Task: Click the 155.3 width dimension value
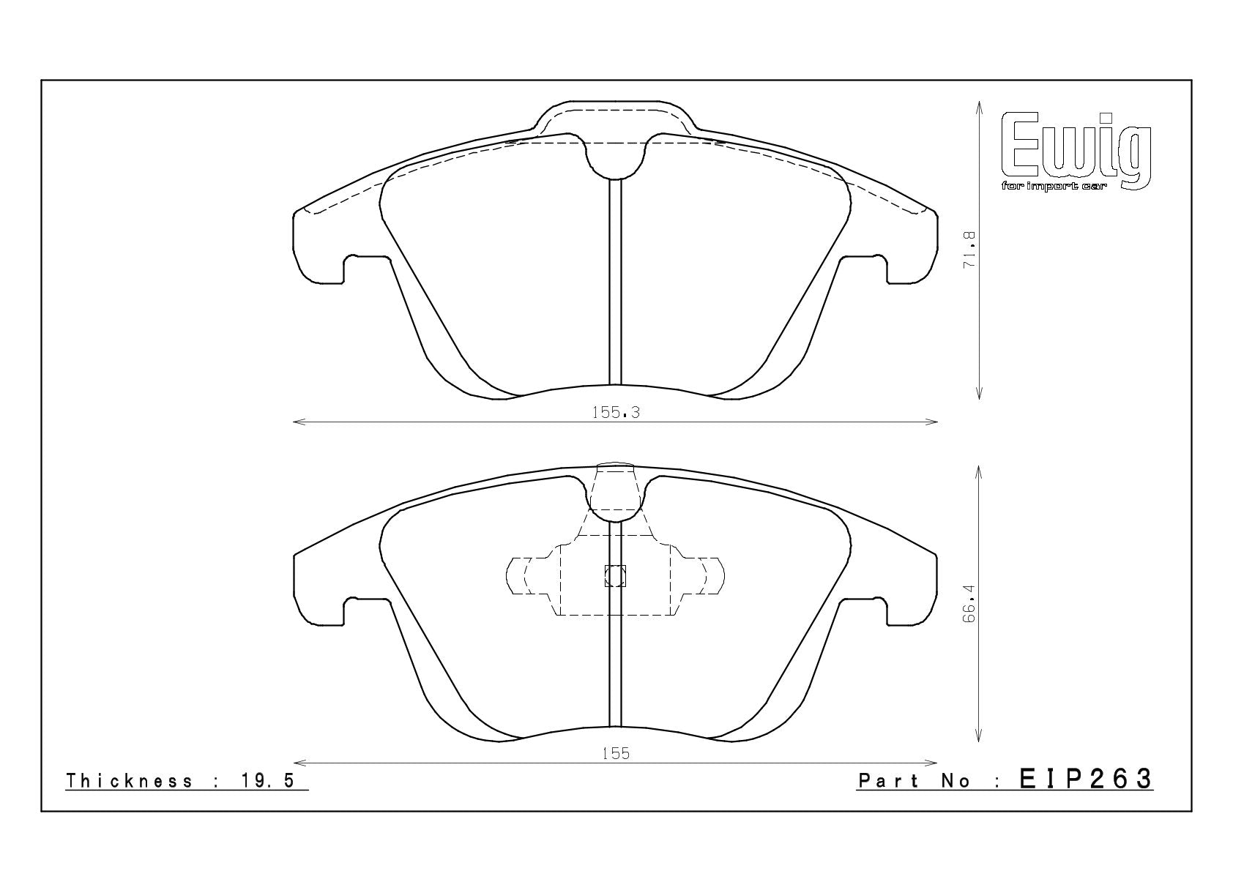click(x=615, y=413)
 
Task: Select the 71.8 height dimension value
click(x=969, y=250)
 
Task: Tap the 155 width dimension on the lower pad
click(x=615, y=754)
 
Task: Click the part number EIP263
click(x=1086, y=779)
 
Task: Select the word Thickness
click(x=130, y=781)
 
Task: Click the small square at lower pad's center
click(x=615, y=576)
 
